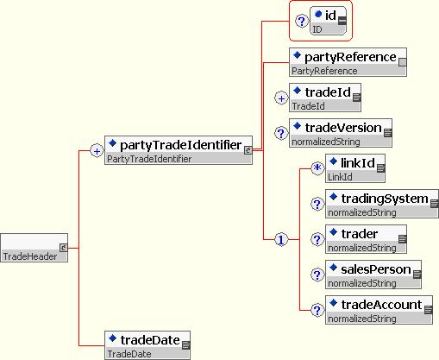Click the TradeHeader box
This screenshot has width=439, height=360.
[34, 248]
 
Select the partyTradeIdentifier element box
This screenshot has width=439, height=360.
[179, 150]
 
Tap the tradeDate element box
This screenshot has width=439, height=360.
[147, 345]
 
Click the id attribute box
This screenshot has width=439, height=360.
[329, 21]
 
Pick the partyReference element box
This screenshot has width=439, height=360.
[348, 62]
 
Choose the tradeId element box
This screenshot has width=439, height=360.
[325, 98]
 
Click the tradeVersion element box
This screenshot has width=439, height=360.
[341, 133]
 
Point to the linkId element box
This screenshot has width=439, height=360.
[355, 168]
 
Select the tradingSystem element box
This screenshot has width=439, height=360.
[382, 204]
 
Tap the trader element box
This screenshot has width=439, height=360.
[366, 239]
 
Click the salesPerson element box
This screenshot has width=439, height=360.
[373, 275]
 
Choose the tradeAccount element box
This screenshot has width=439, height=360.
[379, 310]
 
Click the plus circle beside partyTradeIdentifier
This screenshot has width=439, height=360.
[97, 151]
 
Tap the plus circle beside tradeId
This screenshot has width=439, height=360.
[281, 98]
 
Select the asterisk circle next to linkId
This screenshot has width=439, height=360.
[317, 167]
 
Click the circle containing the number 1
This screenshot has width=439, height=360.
[281, 240]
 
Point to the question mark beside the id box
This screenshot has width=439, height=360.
[302, 22]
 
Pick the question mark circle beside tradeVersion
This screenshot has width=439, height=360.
[281, 133]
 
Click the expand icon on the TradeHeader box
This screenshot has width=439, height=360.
[64, 248]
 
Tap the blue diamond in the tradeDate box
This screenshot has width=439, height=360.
[112, 338]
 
